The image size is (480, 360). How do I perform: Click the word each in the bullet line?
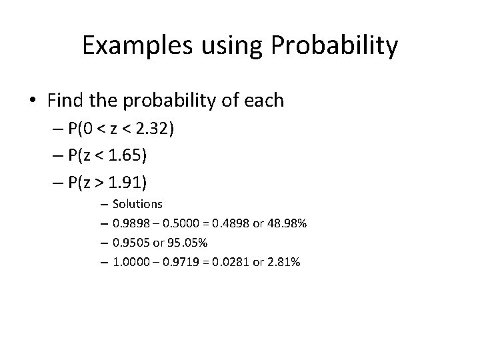(265, 101)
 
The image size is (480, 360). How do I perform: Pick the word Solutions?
(137, 203)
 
